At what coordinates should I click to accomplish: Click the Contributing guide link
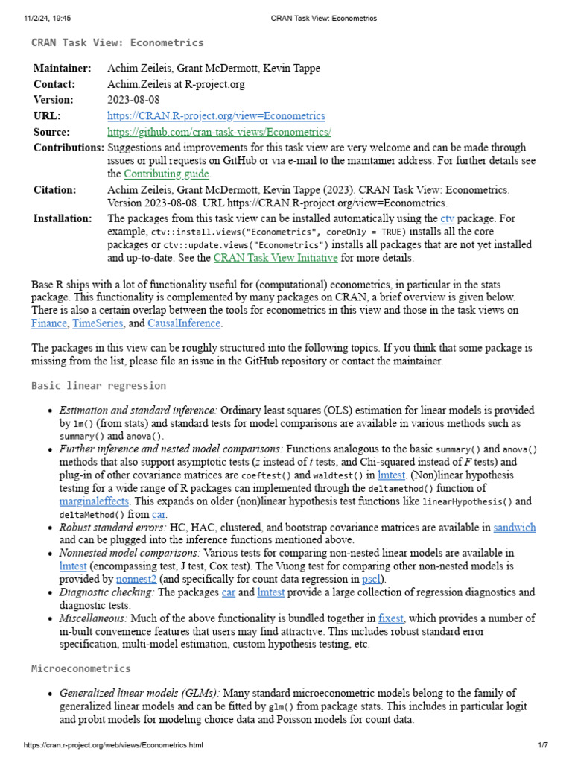(x=166, y=174)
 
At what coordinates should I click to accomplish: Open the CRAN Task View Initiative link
(x=276, y=258)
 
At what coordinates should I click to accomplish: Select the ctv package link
(x=447, y=218)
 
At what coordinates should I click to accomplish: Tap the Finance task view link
(x=49, y=323)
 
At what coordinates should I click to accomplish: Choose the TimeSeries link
(x=97, y=323)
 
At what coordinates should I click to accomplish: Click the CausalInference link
(x=184, y=323)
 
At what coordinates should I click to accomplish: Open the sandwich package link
(x=515, y=528)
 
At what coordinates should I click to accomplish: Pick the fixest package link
(x=390, y=618)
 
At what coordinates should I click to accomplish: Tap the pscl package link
(x=371, y=578)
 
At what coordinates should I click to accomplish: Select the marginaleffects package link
(x=95, y=501)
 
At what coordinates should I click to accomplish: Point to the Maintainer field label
(x=62, y=69)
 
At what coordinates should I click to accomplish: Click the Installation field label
(x=63, y=218)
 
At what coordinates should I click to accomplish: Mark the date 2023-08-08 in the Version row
(x=133, y=100)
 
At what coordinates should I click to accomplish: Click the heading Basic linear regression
(x=98, y=386)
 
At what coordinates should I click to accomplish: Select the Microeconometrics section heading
(x=80, y=668)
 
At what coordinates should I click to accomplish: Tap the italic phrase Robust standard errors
(x=112, y=528)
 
